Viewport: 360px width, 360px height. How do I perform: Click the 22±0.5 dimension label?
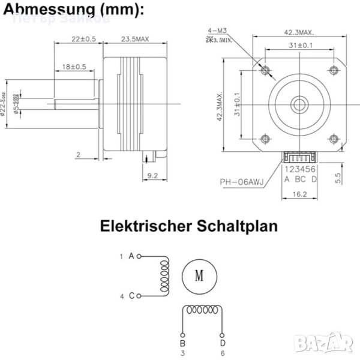83,39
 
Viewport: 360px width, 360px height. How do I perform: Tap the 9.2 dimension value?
152,176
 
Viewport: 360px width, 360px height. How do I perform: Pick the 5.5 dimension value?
338,178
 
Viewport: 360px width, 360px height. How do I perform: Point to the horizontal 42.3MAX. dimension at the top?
299,34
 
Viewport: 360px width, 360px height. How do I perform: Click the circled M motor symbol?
199,277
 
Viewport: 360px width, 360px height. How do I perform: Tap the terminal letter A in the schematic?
131,256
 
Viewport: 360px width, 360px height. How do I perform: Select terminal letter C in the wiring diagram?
131,296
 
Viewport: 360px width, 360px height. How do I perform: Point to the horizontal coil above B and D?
203,311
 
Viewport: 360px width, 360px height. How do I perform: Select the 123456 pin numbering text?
300,169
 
